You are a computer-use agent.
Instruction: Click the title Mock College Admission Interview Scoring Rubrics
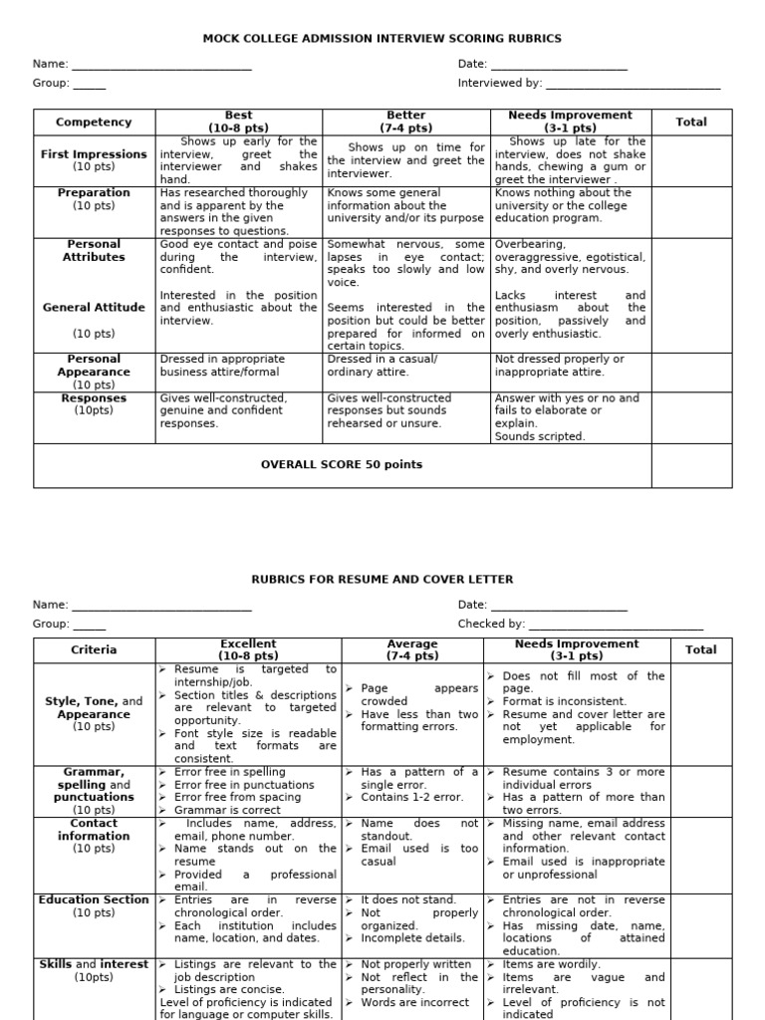(x=382, y=39)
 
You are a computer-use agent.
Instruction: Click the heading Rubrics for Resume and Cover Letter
(x=382, y=579)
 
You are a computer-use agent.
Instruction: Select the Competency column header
(x=94, y=123)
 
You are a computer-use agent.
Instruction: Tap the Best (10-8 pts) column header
(x=239, y=123)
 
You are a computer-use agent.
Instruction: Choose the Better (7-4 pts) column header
(x=405, y=123)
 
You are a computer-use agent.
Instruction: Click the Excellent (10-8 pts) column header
(x=248, y=650)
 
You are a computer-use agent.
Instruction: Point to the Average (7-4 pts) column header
(x=412, y=650)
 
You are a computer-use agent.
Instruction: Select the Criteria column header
(x=94, y=650)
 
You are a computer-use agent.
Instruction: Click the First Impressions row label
(x=94, y=154)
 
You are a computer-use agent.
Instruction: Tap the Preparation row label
(x=94, y=193)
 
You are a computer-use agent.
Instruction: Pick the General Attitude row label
(x=94, y=308)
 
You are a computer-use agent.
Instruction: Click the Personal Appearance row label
(x=94, y=366)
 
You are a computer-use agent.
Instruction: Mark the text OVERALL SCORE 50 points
(x=342, y=464)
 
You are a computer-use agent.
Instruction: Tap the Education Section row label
(x=94, y=900)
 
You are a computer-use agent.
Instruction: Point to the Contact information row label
(x=94, y=830)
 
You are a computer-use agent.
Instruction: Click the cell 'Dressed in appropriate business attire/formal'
(x=237, y=366)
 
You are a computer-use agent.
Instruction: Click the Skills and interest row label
(x=94, y=964)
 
